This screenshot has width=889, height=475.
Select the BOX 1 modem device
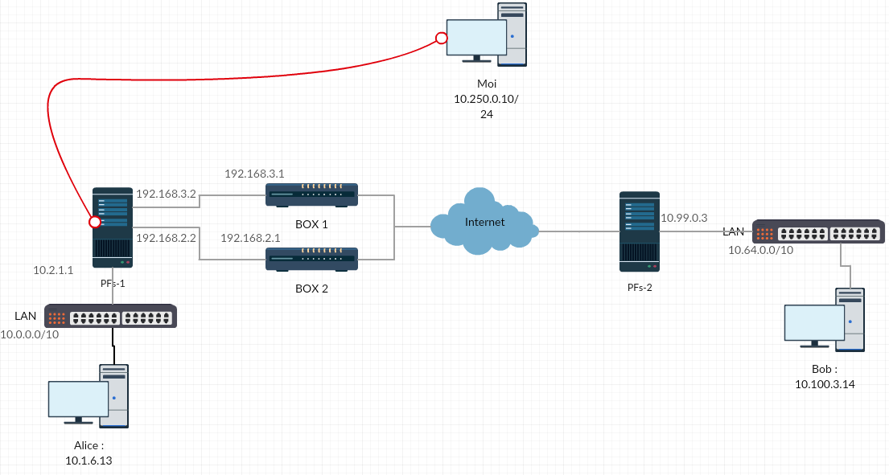coord(312,194)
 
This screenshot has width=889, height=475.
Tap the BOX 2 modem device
coord(312,259)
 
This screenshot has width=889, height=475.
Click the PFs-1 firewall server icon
coord(113,227)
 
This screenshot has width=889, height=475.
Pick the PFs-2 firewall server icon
coord(640,231)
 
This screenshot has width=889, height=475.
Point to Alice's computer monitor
coord(78,399)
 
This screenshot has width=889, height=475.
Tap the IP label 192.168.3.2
coord(167,194)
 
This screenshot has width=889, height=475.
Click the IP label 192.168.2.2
coord(167,238)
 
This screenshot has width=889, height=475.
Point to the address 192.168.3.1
coord(254,174)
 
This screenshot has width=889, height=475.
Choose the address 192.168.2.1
coord(250,238)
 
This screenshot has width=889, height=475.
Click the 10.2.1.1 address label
coord(53,271)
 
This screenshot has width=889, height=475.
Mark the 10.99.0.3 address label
coord(684,218)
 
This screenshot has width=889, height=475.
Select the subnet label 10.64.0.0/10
coord(760,251)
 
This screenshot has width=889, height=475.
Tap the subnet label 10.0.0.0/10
coord(30,334)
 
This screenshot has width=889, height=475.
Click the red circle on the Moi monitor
coord(441,38)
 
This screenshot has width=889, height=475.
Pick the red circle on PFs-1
coord(95,221)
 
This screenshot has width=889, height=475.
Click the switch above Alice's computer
coord(110,316)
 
